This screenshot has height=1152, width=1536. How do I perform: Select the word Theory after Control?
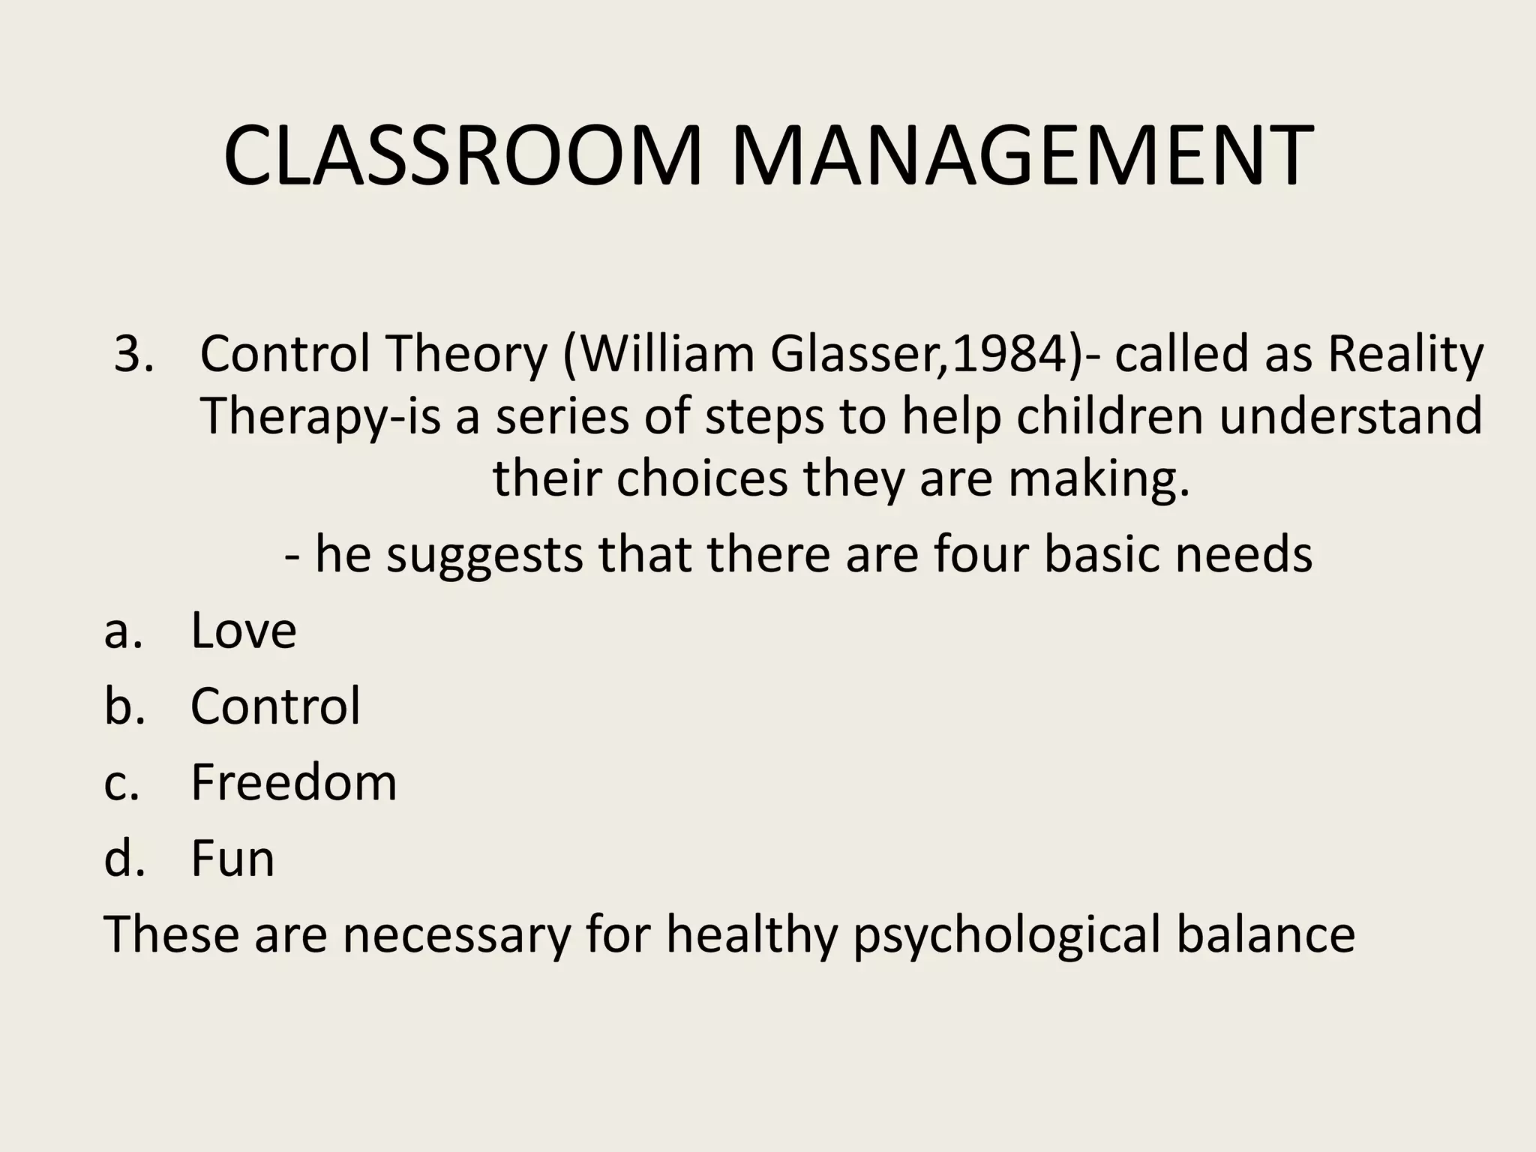[x=467, y=354]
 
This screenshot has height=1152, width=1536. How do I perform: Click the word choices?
[x=702, y=478]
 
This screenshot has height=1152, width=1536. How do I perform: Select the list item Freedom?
[x=293, y=782]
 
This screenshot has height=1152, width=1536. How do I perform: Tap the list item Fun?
[x=232, y=858]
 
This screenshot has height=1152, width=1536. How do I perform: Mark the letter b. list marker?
[x=124, y=706]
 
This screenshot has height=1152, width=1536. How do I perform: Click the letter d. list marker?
[x=124, y=858]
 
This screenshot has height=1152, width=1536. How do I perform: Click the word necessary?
[x=457, y=936]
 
